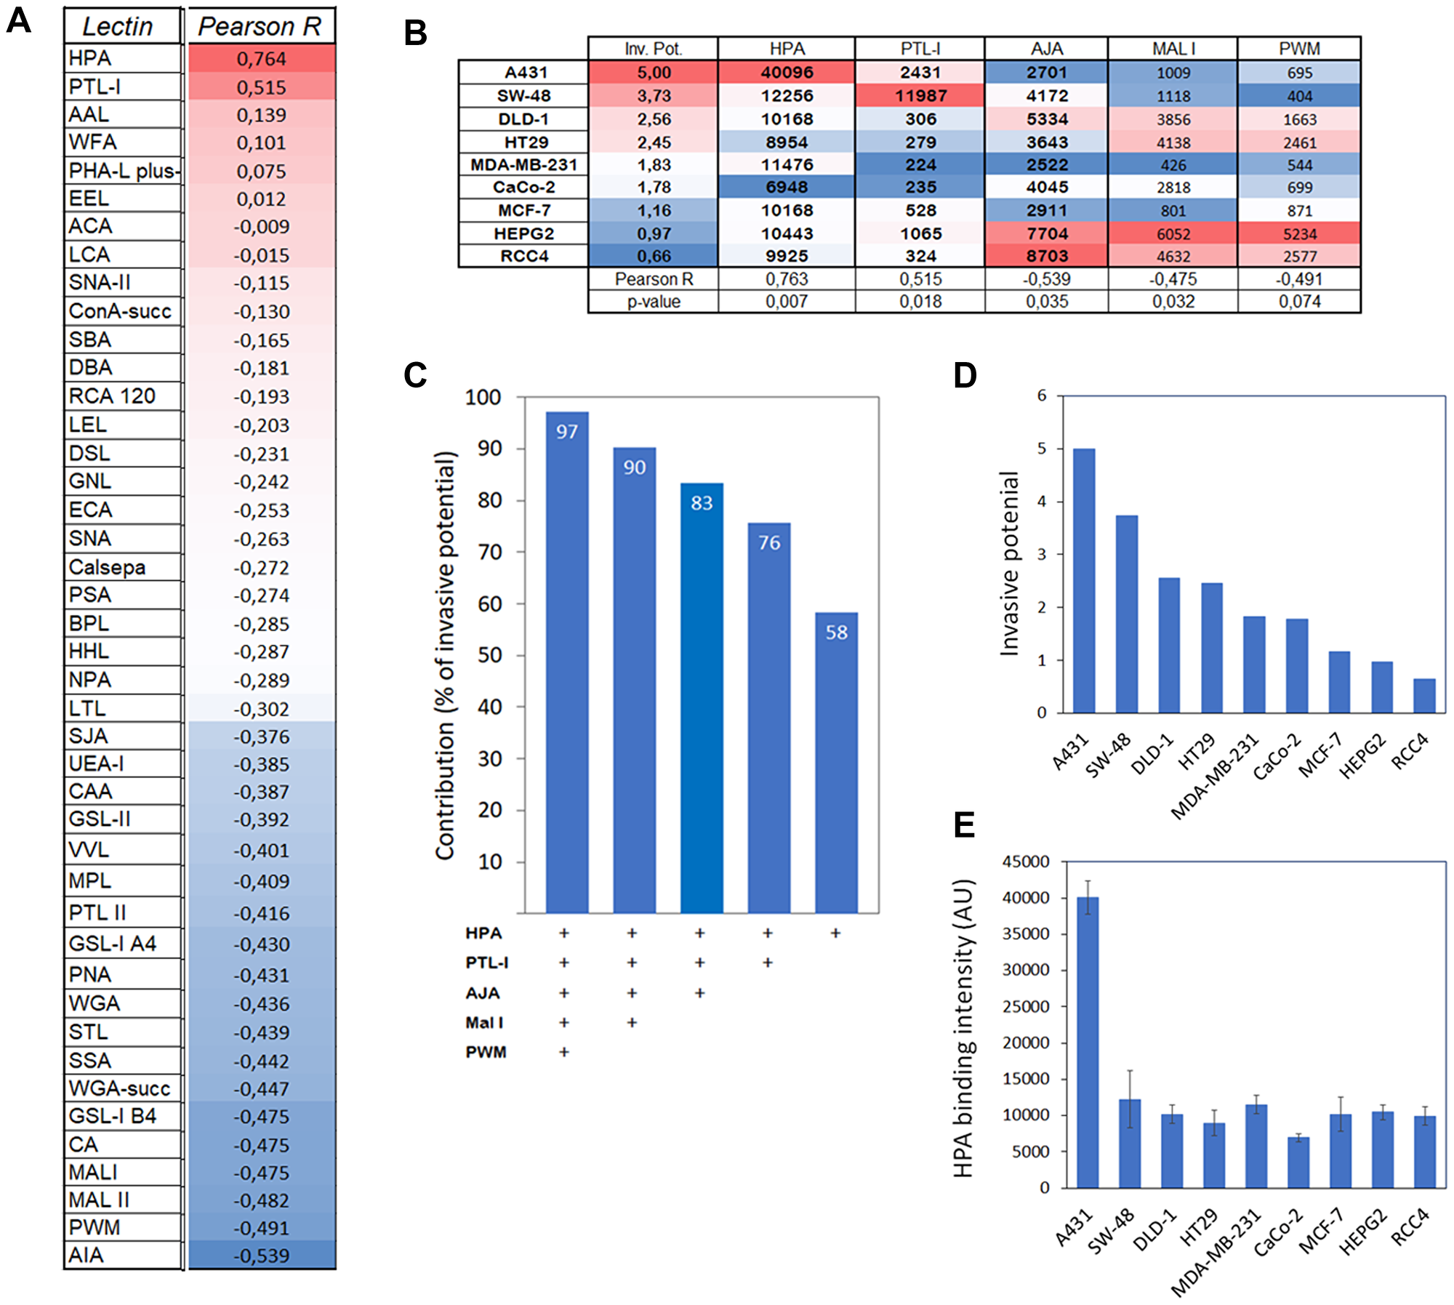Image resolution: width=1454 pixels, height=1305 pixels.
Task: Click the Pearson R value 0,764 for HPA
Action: click(261, 59)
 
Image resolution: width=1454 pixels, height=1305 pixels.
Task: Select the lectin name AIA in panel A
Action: click(87, 1255)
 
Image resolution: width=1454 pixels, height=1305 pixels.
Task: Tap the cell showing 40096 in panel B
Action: click(787, 73)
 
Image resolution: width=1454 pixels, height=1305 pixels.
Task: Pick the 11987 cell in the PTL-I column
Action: click(920, 96)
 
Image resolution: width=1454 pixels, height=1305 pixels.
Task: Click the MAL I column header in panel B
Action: click(1173, 49)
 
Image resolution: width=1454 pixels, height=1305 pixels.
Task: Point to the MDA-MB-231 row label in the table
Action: click(523, 165)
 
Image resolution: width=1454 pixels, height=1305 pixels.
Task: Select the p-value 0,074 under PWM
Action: click(1299, 302)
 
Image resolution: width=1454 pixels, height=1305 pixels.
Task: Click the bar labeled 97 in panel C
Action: click(567, 662)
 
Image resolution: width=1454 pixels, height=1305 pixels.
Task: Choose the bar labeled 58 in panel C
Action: click(836, 763)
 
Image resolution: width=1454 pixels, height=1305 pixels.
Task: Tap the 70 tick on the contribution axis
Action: click(491, 553)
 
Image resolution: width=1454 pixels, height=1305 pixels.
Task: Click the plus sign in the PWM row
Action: click(564, 1052)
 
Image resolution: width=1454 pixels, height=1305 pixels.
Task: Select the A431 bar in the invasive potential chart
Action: click(1084, 582)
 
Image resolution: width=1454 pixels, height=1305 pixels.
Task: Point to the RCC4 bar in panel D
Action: click(1424, 696)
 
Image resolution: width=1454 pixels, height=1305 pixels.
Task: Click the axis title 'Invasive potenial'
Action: click(1010, 563)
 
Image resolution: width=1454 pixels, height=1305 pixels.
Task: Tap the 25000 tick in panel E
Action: click(1025, 1006)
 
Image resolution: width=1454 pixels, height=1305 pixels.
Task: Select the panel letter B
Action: click(415, 33)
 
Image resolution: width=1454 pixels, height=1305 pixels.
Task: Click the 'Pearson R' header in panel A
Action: click(260, 27)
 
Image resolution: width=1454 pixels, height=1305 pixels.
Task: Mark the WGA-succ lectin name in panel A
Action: click(119, 1088)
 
